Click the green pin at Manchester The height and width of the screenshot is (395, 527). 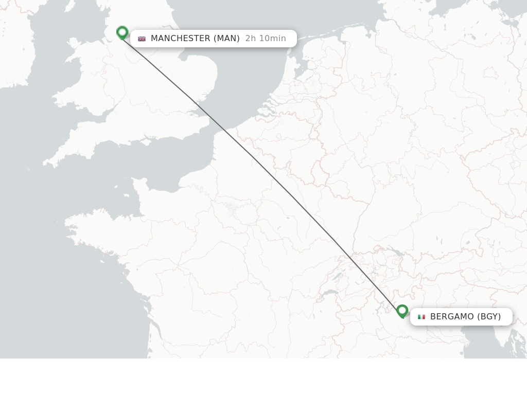click(x=122, y=32)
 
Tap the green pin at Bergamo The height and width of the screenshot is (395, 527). click(x=402, y=311)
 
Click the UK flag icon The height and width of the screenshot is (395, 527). click(x=142, y=39)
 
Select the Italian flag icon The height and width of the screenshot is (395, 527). click(x=421, y=317)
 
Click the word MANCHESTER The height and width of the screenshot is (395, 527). click(x=180, y=39)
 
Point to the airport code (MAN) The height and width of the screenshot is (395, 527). click(x=226, y=39)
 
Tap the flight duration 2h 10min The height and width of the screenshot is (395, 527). click(x=266, y=39)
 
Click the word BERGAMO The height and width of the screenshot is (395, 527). click(x=451, y=317)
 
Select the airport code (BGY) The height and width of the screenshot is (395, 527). click(x=489, y=317)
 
